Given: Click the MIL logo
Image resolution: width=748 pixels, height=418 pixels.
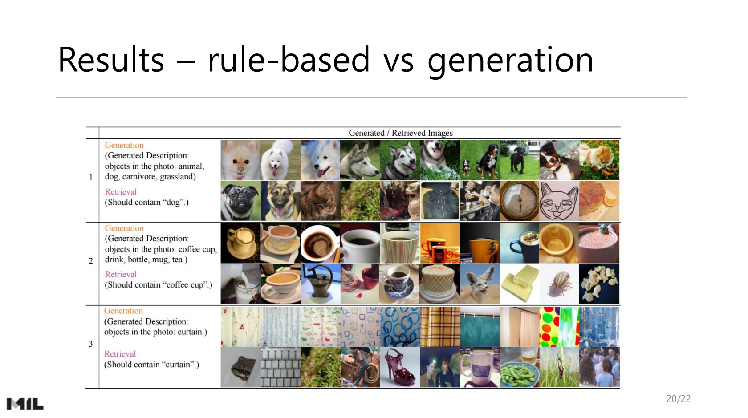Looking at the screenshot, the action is coord(25,404).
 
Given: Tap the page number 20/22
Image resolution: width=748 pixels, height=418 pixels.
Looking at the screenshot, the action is coord(678,399).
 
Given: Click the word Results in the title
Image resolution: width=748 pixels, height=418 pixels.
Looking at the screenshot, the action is coord(111,60).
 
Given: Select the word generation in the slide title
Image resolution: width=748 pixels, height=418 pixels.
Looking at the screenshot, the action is coord(510,62).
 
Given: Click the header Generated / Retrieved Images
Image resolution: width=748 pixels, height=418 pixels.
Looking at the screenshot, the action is coord(401,133).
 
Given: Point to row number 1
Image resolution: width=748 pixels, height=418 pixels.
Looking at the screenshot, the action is coord(91,177).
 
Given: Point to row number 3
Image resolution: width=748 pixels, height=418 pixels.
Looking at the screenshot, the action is coord(91,344).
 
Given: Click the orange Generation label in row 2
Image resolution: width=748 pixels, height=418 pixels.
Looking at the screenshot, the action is coord(124,228).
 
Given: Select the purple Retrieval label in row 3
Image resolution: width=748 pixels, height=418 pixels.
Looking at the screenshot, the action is coord(120,354).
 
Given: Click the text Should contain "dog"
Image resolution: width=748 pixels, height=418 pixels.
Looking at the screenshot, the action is coord(146,202).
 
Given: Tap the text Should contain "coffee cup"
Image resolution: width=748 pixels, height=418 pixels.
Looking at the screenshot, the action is coord(159,285).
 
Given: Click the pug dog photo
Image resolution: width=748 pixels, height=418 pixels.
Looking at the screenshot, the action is coord(240,201).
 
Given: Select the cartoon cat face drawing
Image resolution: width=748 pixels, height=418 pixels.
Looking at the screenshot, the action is coord(559,201).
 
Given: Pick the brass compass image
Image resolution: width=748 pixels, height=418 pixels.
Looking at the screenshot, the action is coord(519,201).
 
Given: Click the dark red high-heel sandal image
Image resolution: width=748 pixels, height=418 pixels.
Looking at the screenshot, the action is coord(400,367).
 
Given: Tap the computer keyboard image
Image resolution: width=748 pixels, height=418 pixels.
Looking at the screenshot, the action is coord(280,367).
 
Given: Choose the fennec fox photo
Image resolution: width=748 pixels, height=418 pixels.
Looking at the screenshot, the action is coord(480,284).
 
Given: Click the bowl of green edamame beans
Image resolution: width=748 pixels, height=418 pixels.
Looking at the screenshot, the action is coord(519,367).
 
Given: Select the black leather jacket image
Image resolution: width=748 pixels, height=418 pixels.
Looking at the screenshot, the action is coord(440,201).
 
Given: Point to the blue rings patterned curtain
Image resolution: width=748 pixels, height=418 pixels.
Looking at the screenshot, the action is coord(400,327).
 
